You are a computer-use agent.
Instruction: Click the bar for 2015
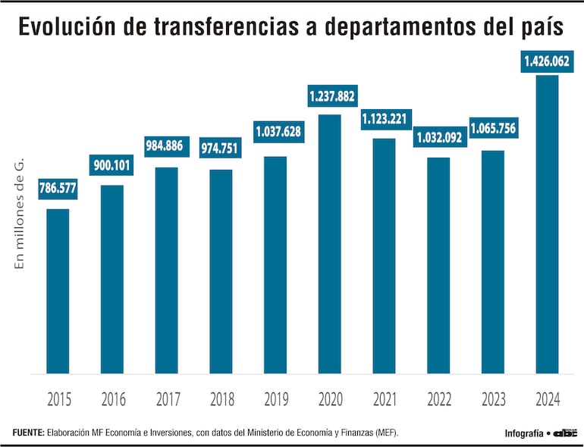pyautogui.click(x=58, y=292)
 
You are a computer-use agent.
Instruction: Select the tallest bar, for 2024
pyautogui.click(x=547, y=224)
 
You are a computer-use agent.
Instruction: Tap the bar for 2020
pyautogui.click(x=330, y=244)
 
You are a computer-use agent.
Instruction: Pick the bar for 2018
pyautogui.click(x=221, y=271)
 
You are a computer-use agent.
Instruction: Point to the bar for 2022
pyautogui.click(x=438, y=265)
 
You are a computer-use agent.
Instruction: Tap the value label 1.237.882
pyautogui.click(x=331, y=96)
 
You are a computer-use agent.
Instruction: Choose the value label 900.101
pyautogui.click(x=113, y=165)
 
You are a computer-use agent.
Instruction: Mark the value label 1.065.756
pyautogui.click(x=492, y=129)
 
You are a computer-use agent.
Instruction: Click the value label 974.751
pyautogui.click(x=220, y=148)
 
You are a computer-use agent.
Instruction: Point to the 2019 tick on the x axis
pyautogui.click(x=275, y=399)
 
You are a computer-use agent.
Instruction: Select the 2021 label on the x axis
pyautogui.click(x=384, y=399)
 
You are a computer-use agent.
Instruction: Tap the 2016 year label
pyautogui.click(x=112, y=399)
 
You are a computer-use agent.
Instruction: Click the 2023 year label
pyautogui.click(x=492, y=399)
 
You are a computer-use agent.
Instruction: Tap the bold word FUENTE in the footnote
pyautogui.click(x=28, y=433)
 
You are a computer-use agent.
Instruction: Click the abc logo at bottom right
pyautogui.click(x=565, y=433)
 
